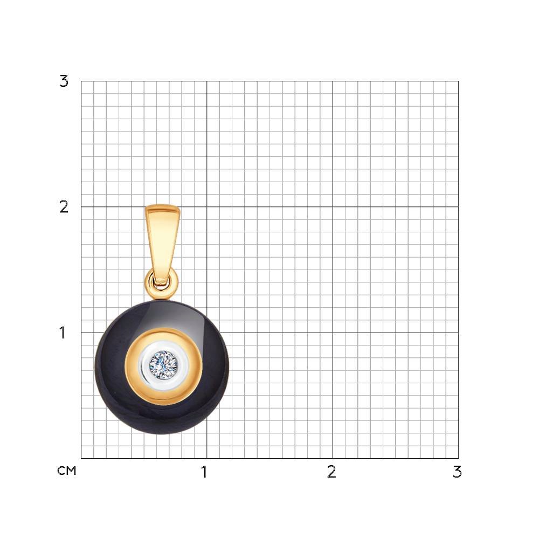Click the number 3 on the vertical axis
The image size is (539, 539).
[x=64, y=81]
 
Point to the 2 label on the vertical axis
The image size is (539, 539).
[x=64, y=207]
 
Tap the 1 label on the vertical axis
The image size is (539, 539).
[x=62, y=333]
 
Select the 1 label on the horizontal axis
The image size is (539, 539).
[x=204, y=472]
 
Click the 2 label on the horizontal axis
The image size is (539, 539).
[x=331, y=472]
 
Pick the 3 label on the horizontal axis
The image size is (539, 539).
[x=457, y=472]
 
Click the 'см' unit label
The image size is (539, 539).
[x=67, y=471]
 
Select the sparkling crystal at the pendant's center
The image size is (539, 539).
[x=163, y=365]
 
